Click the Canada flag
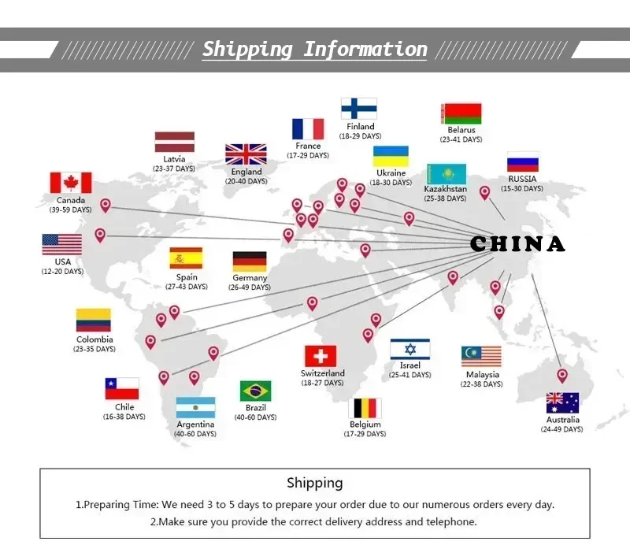click(71, 183)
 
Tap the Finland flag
click(359, 109)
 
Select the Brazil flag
click(255, 391)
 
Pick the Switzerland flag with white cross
click(321, 356)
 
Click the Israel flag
click(409, 349)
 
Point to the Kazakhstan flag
click(447, 174)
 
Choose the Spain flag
click(186, 258)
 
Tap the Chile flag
click(122, 388)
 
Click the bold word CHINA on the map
click(517, 244)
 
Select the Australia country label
click(562, 420)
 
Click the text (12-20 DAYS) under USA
click(62, 272)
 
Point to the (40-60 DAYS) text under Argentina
click(195, 434)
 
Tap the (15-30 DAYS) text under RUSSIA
click(522, 188)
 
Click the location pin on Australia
click(562, 376)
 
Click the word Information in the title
click(365, 50)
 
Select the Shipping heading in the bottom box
click(314, 483)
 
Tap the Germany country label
click(250, 277)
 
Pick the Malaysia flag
click(481, 356)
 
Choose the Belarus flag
click(461, 113)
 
